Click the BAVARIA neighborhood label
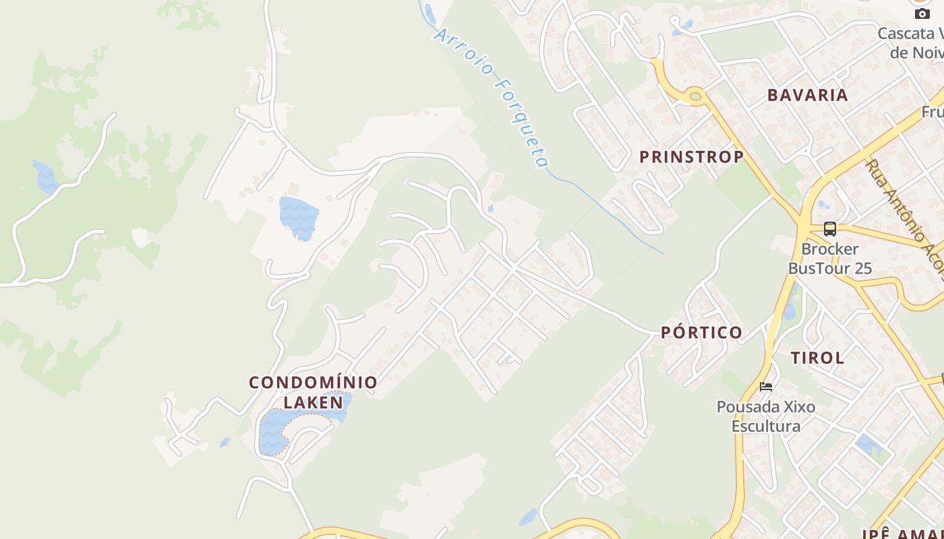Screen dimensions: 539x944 807,95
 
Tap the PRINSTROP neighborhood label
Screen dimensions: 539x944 691,157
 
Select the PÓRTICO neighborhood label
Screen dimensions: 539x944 701,332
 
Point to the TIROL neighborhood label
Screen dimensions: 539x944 817,358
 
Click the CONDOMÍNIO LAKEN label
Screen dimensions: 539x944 313,392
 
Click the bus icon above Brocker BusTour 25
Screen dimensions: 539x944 829,229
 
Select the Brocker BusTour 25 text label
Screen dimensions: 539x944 829,259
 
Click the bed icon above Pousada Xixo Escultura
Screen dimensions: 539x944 766,387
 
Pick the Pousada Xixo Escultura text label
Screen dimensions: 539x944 766,416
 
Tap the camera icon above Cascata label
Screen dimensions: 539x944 922,13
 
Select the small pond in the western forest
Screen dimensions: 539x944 45,177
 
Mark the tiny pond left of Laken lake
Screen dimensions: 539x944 225,443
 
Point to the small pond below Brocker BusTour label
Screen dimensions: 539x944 790,310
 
